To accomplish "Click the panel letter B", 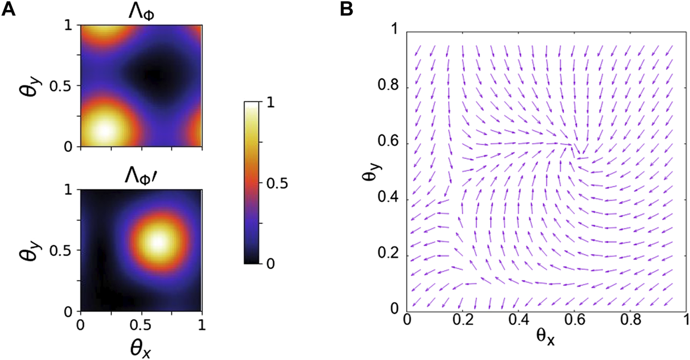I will tap(347, 10).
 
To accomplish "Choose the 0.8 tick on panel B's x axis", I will tap(630, 320).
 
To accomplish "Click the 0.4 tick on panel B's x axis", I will tap(518, 320).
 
